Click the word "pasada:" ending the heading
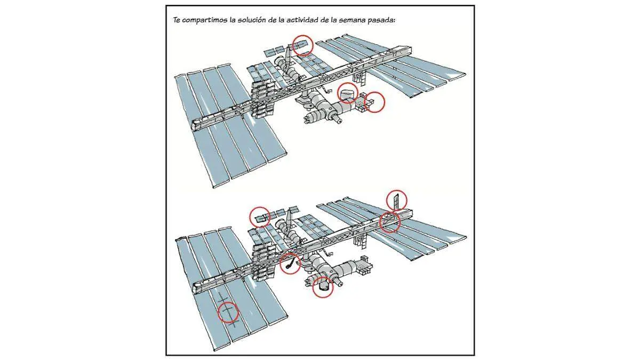click(x=381, y=20)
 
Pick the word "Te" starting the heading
click(x=177, y=20)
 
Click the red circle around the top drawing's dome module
click(x=348, y=93)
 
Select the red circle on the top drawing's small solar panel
click(x=303, y=45)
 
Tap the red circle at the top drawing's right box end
click(x=374, y=102)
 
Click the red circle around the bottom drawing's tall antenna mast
click(x=397, y=201)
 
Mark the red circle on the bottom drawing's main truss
click(x=390, y=222)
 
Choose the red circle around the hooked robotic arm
click(x=290, y=263)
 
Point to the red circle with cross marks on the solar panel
click(x=228, y=313)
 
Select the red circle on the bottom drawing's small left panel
click(x=260, y=217)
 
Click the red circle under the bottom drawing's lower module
click(x=323, y=287)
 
